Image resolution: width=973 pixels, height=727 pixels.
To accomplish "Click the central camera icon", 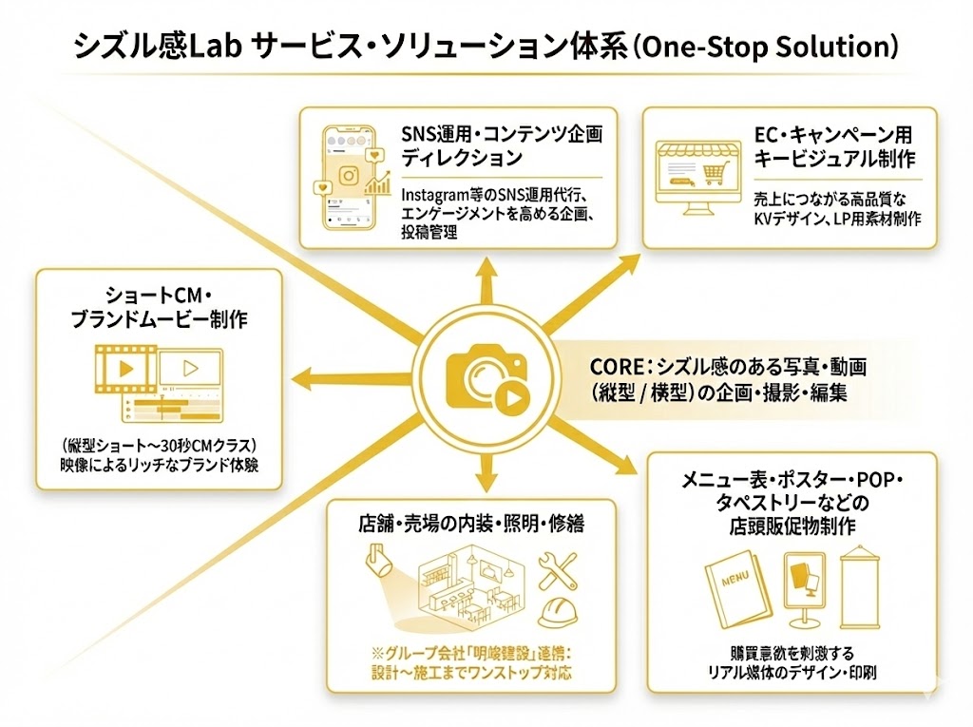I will click(x=486, y=378).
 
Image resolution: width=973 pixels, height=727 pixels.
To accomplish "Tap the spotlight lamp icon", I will click(x=377, y=560).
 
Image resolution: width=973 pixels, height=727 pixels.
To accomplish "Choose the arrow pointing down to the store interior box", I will click(x=486, y=470).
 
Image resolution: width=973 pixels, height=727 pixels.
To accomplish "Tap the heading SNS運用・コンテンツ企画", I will click(x=502, y=133).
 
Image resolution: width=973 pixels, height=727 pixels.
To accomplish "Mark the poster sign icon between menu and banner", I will click(x=801, y=585).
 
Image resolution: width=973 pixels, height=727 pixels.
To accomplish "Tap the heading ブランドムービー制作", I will click(x=159, y=320).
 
